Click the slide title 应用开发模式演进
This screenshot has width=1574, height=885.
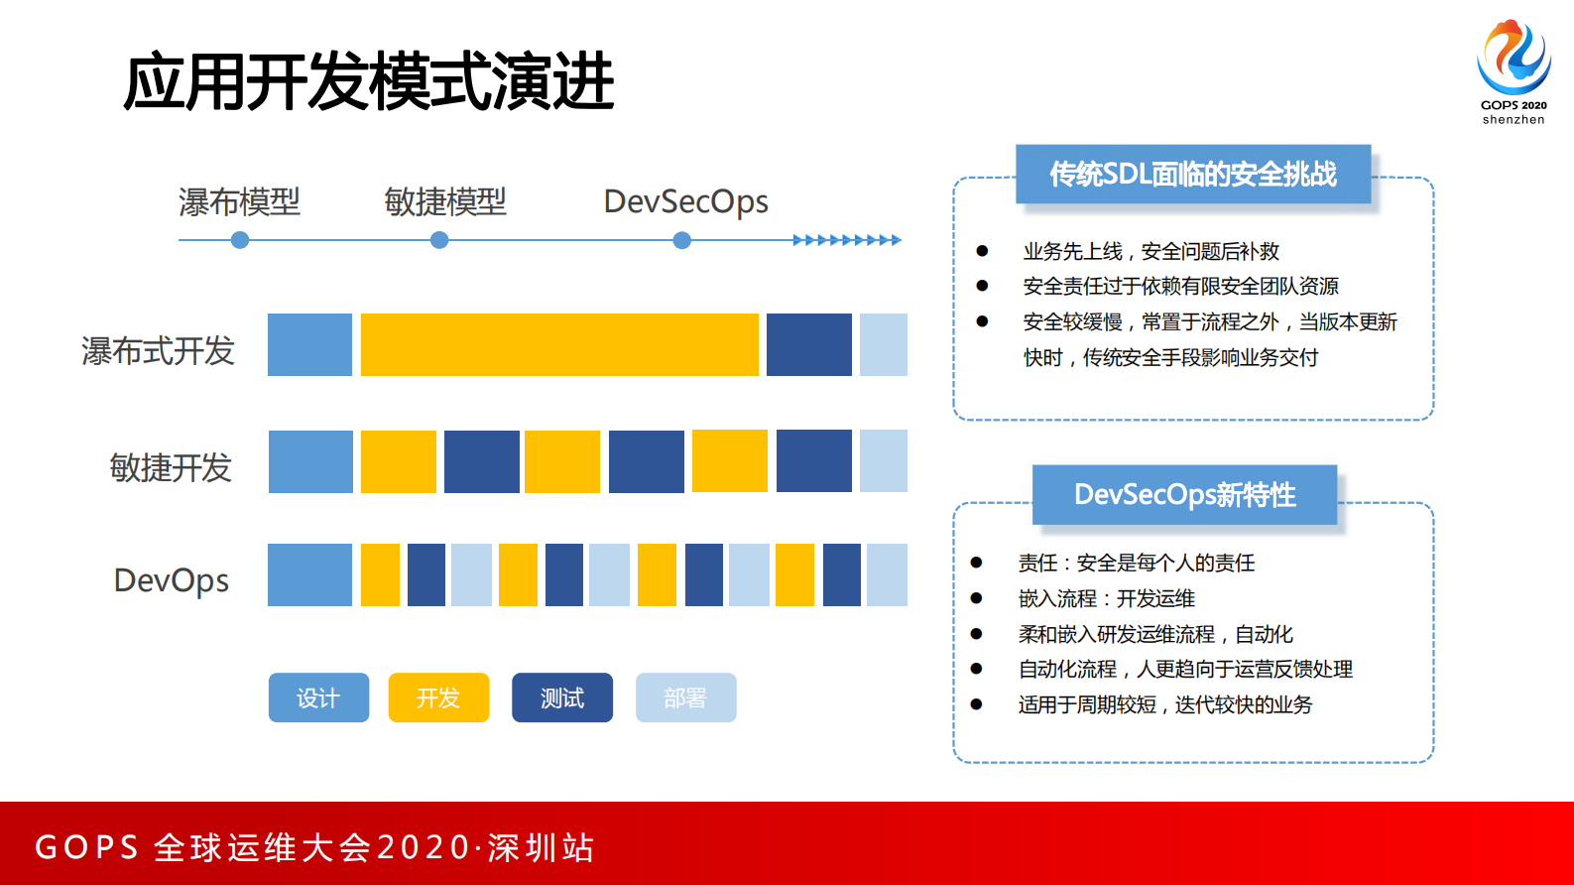(369, 81)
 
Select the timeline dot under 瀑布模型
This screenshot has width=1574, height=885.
(240, 240)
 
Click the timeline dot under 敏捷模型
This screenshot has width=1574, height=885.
(439, 240)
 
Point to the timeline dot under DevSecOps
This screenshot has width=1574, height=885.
(682, 240)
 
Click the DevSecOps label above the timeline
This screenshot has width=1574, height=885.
(685, 201)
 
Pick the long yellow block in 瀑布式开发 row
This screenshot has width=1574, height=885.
(559, 344)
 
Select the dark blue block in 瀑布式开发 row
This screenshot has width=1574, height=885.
(808, 344)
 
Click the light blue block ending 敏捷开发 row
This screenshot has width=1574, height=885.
(883, 460)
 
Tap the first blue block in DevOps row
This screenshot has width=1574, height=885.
(309, 574)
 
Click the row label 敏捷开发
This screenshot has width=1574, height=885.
(171, 467)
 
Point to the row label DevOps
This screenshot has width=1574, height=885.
(172, 580)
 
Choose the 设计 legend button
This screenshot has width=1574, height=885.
(318, 697)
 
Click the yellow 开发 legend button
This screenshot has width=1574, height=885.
(438, 697)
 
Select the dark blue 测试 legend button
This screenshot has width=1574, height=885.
(562, 697)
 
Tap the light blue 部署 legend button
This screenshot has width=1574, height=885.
(685, 697)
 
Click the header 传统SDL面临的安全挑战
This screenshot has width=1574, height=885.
(1193, 175)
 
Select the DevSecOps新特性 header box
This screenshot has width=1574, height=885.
(1184, 494)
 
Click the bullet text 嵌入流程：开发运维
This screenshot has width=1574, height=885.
(1106, 598)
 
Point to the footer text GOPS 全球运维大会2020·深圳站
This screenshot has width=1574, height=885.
(314, 847)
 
